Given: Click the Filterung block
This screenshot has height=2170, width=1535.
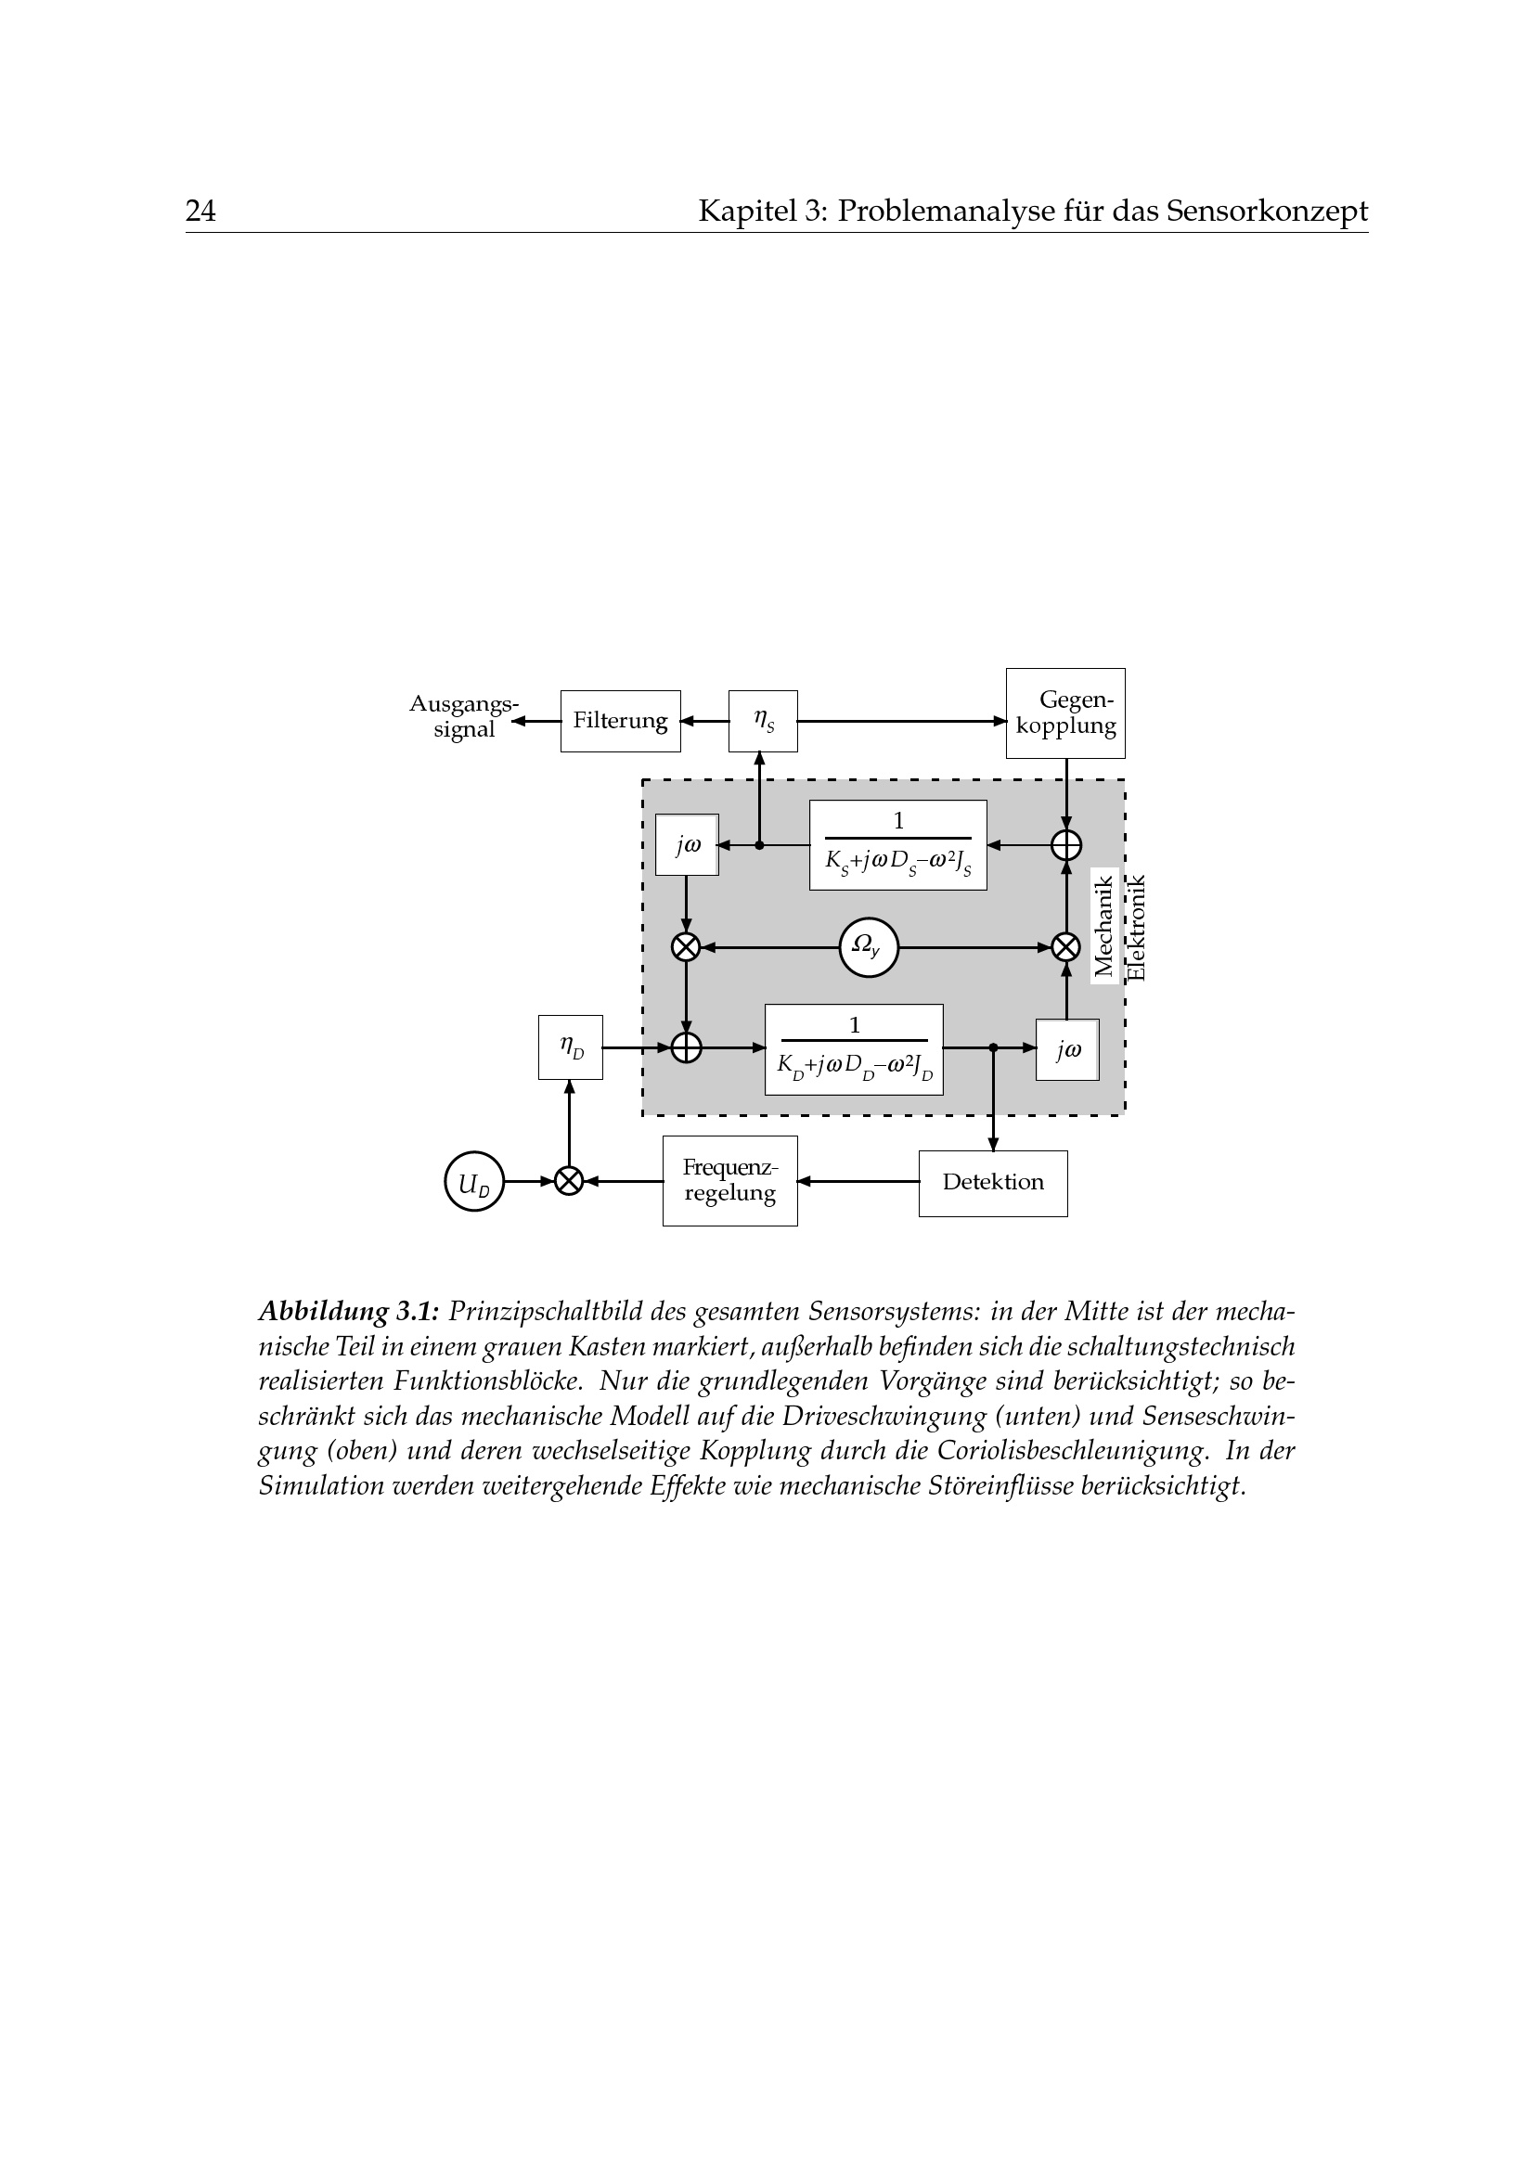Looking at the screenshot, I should (620, 721).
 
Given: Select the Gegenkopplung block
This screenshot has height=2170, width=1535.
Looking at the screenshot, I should (1065, 713).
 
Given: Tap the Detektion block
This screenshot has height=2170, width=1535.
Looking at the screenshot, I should (992, 1182).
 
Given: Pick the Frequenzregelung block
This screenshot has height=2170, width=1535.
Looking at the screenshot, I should (729, 1180).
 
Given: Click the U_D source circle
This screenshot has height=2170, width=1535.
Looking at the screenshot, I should (473, 1181).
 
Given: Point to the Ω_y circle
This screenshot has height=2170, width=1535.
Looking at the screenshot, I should (868, 946).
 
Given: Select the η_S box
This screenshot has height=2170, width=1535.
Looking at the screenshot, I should (763, 721).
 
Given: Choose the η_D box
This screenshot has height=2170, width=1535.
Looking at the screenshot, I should (570, 1047).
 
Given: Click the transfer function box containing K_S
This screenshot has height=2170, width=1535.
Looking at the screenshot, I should (898, 845).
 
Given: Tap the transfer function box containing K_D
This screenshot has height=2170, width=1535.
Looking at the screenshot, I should (854, 1049).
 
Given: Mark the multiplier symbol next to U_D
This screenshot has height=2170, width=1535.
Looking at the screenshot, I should (568, 1181).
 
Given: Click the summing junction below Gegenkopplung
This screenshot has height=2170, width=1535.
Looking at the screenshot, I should (1066, 845).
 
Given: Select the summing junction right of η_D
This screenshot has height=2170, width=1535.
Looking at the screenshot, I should (686, 1047).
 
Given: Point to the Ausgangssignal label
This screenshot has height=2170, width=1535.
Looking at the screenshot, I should (463, 716).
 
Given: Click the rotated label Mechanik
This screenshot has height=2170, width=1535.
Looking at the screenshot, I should (1103, 925).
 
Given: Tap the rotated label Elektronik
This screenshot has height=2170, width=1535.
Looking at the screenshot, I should (1136, 927).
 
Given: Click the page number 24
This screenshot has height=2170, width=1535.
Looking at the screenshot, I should (200, 211).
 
